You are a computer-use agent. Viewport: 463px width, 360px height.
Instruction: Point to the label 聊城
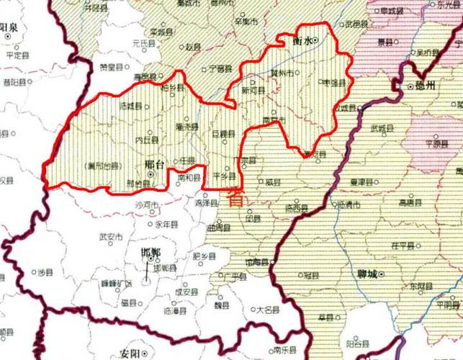pyautogui.click(x=368, y=274)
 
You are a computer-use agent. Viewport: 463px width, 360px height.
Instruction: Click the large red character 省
pyautogui.click(x=235, y=199)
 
